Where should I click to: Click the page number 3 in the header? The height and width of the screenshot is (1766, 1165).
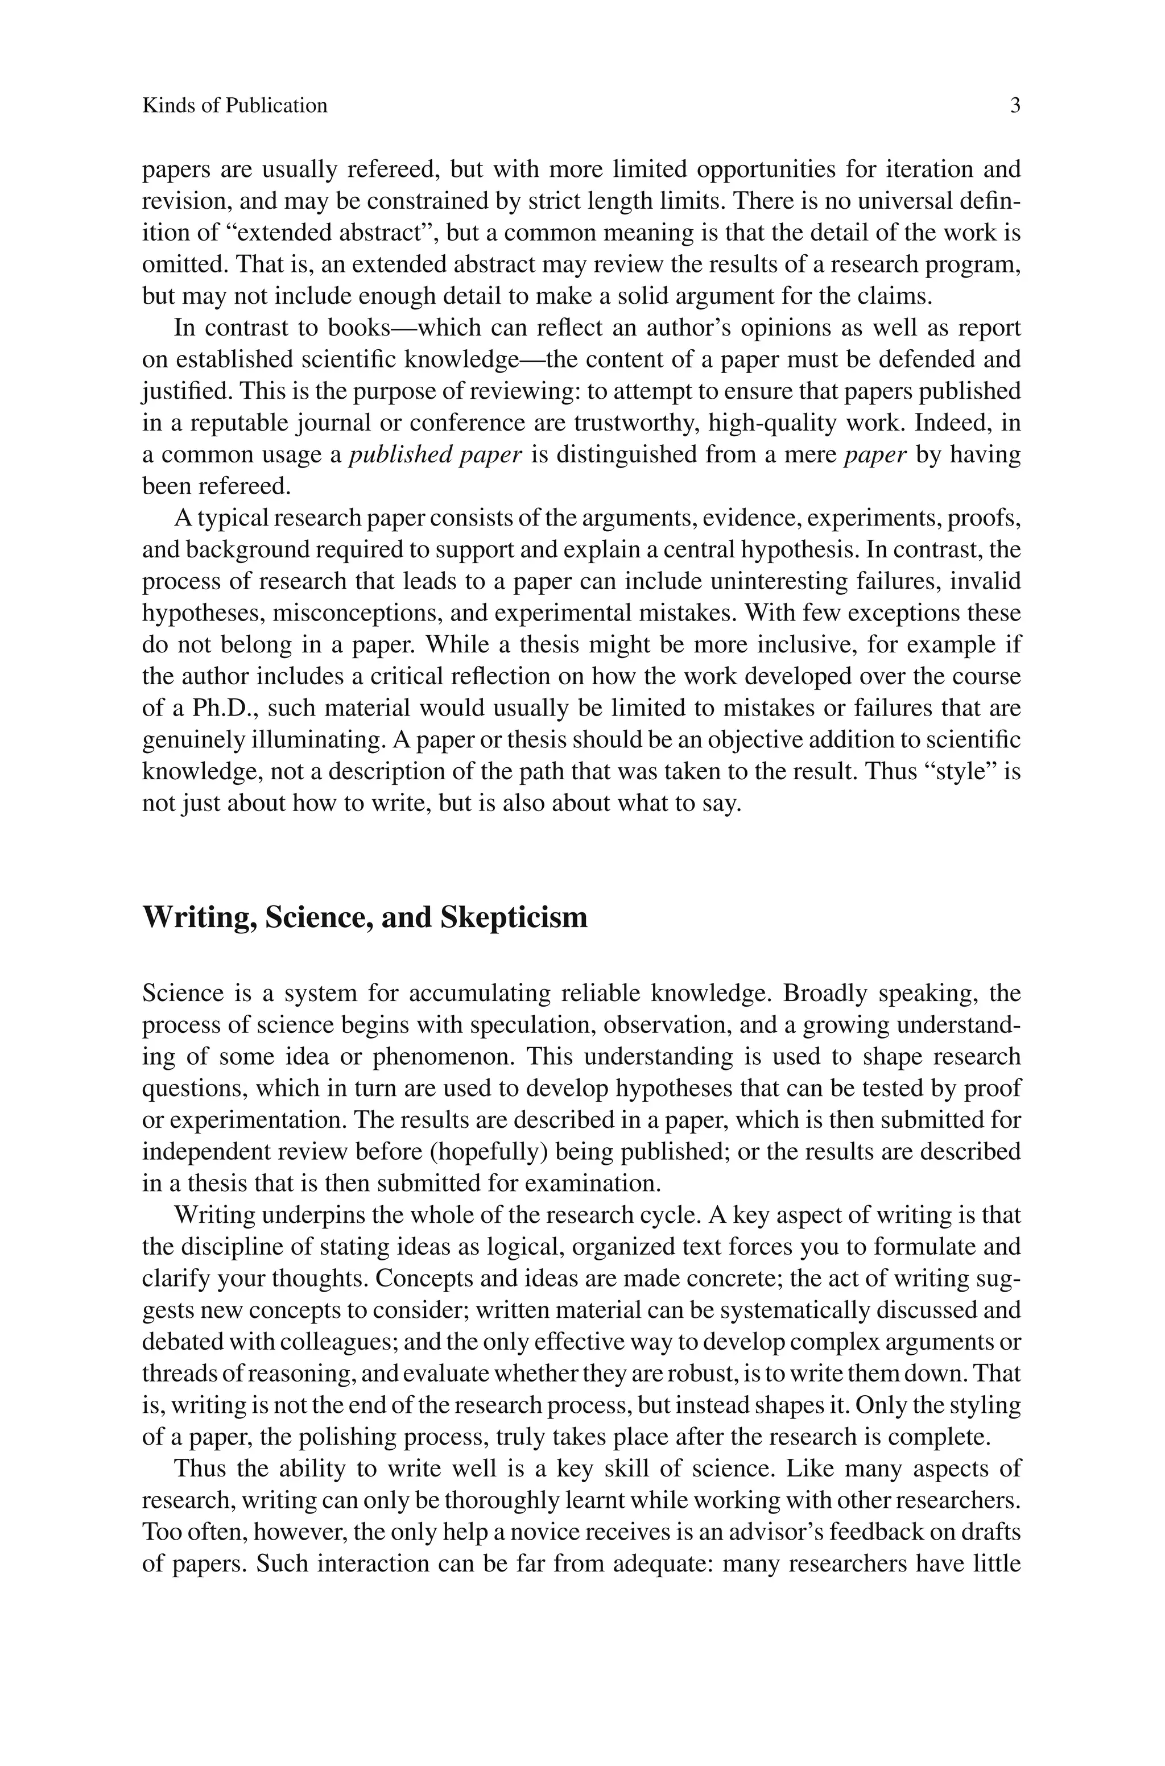[1015, 105]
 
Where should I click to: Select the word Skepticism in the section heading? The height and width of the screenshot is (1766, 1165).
[514, 917]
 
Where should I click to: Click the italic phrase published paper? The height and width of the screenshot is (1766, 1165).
[435, 454]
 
